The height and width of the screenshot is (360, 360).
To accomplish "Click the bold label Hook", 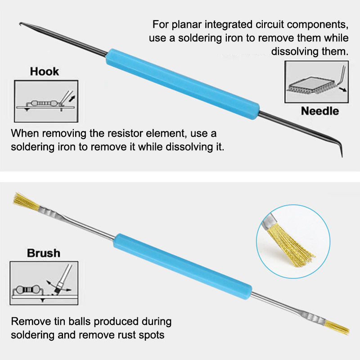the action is (x=44, y=72).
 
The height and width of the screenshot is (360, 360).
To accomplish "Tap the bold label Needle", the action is (x=320, y=111).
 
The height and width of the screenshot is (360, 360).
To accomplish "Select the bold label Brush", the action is (x=44, y=253).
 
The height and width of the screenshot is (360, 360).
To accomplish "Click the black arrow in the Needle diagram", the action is (x=343, y=89).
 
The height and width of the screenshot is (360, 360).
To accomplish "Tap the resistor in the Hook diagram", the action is (x=44, y=103).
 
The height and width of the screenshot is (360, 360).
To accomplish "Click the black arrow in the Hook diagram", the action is (x=72, y=99).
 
